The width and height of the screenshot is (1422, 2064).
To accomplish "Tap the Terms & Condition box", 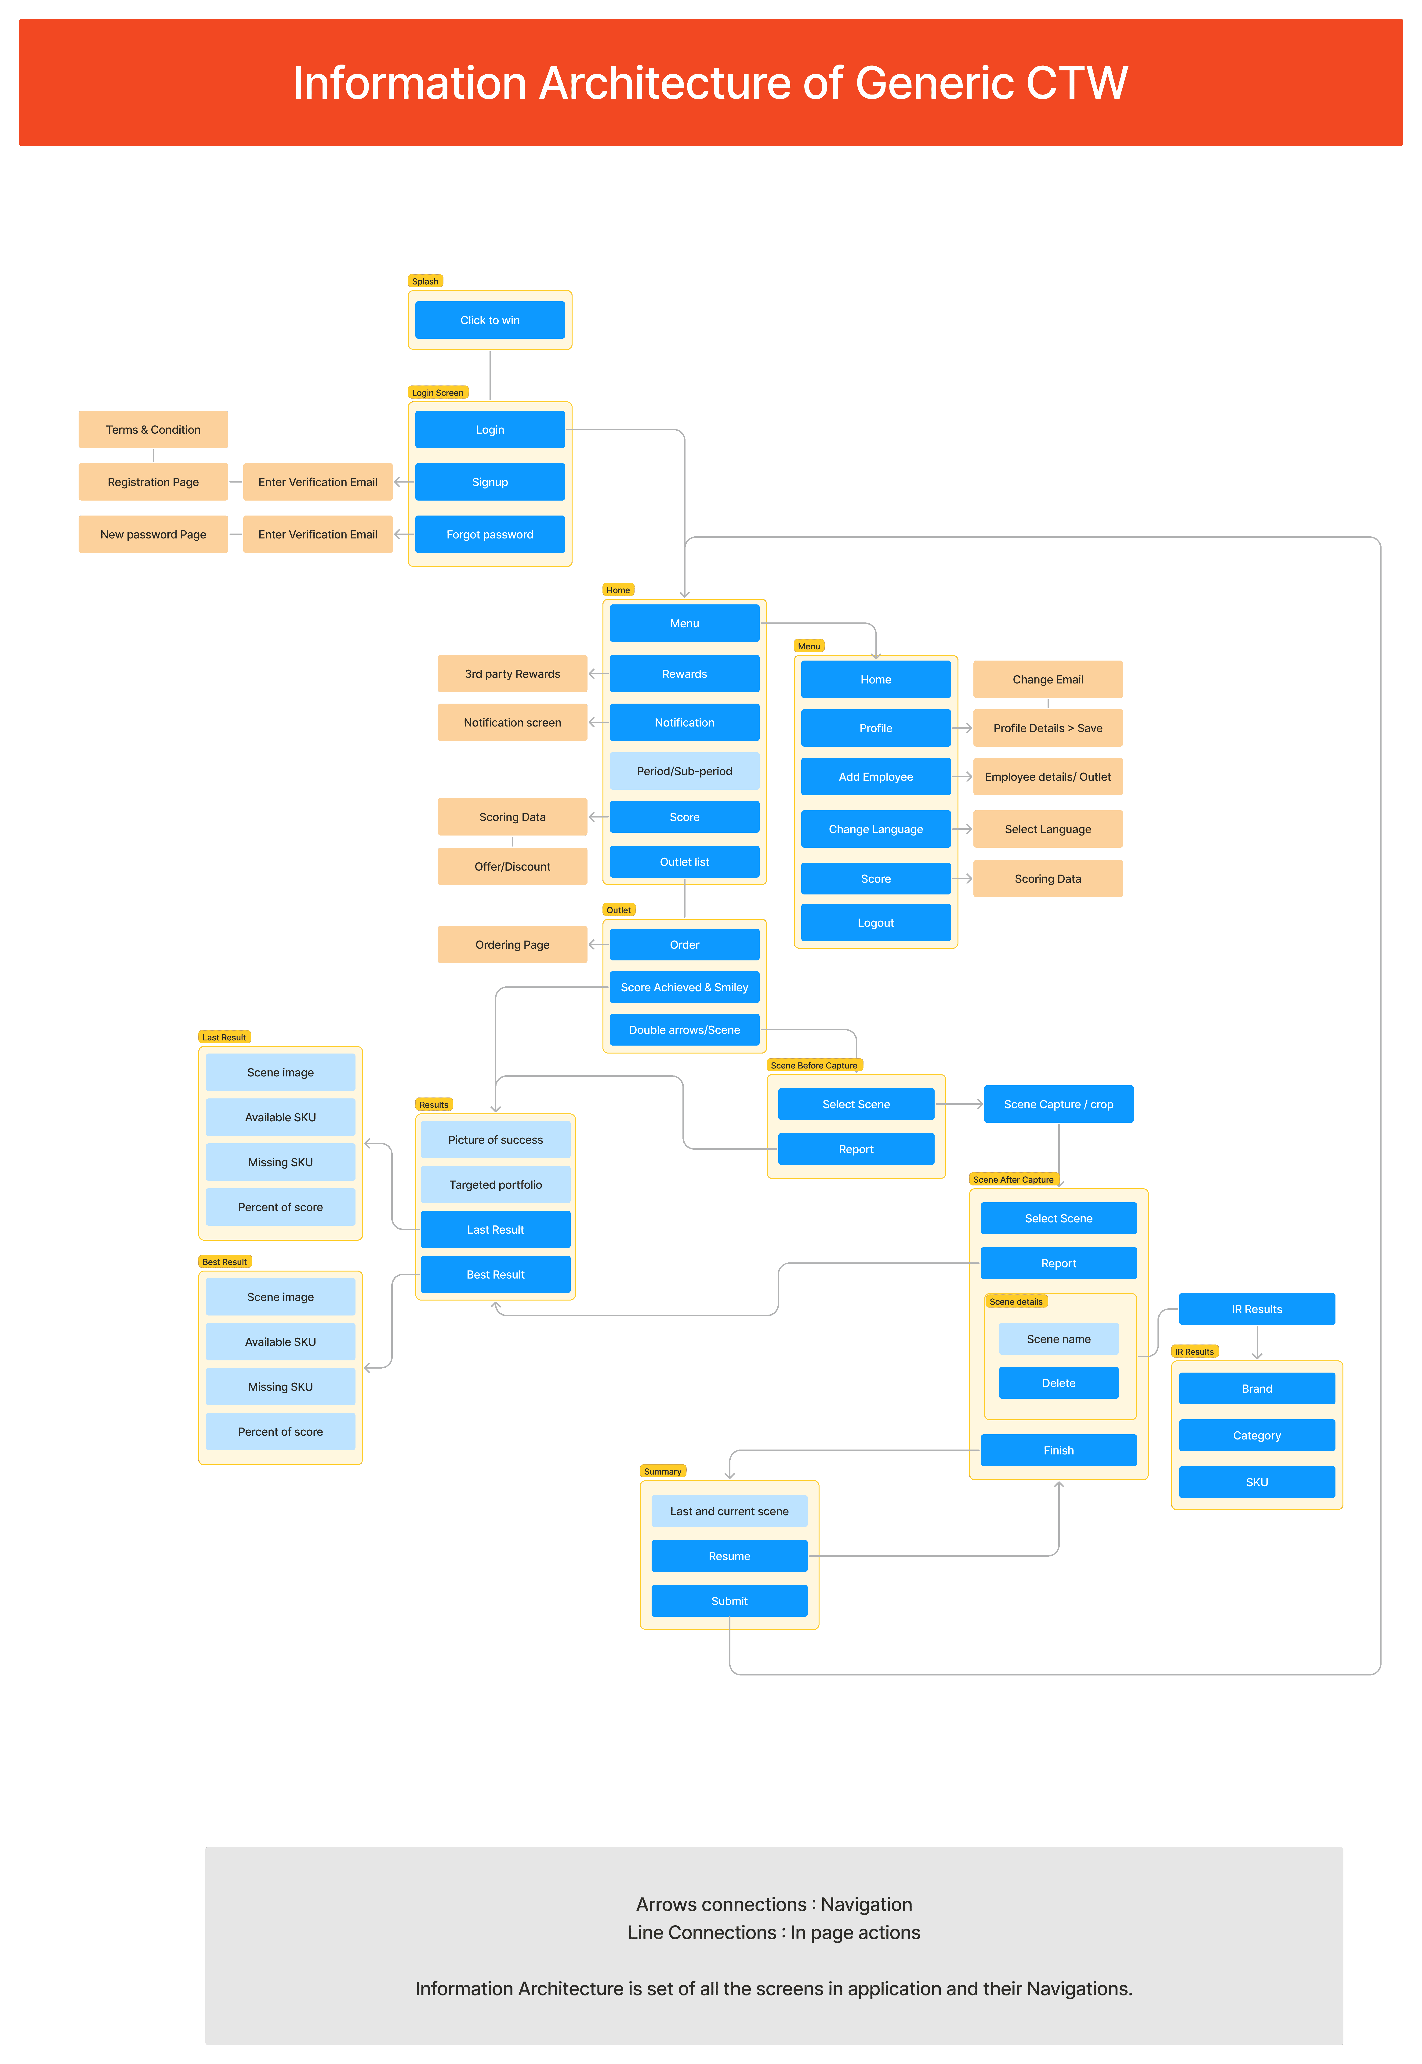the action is click(153, 429).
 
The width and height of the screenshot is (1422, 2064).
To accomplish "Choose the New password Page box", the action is click(153, 534).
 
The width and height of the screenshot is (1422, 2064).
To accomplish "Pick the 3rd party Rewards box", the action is click(512, 673).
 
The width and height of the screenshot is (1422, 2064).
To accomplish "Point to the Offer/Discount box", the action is click(512, 866).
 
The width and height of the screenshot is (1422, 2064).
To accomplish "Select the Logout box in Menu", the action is click(876, 923).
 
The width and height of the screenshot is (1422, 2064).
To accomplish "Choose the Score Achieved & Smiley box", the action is click(684, 987).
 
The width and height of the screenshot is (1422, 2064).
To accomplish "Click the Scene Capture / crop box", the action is click(1059, 1104).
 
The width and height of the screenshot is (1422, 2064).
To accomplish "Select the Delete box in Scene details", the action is click(1059, 1383).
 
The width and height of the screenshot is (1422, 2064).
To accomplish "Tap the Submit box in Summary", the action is click(729, 1601).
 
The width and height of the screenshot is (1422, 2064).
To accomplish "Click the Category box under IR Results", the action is click(1256, 1435).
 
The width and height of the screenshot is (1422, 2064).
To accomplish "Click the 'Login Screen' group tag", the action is click(437, 393).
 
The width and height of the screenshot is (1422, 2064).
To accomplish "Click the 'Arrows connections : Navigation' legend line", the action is click(773, 1904).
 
